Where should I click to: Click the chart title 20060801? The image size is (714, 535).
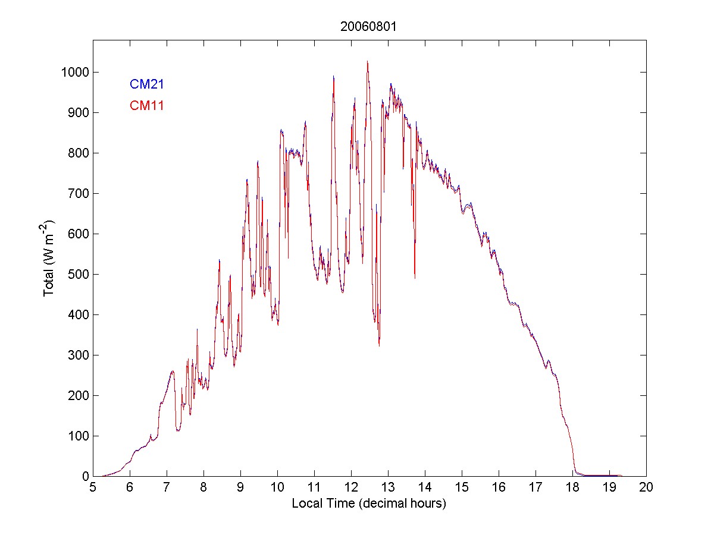[x=369, y=27]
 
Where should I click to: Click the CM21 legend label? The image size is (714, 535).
[x=147, y=84]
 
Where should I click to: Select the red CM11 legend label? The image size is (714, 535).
[x=147, y=106]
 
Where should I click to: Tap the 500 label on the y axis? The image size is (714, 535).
[x=79, y=275]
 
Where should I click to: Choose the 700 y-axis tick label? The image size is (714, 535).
[x=79, y=194]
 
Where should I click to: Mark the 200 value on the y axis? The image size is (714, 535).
[x=79, y=396]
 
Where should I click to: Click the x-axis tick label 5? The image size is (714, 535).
[x=93, y=487]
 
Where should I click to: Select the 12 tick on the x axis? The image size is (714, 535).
[x=351, y=487]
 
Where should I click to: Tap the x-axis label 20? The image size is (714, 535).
[x=646, y=487]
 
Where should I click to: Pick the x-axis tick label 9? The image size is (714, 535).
[x=240, y=487]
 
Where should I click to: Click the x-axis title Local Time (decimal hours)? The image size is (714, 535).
[x=369, y=504]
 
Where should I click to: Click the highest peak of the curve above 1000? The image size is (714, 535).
[x=367, y=61]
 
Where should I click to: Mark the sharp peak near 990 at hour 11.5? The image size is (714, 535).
[x=333, y=76]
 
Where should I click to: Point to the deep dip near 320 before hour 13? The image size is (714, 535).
[x=379, y=345]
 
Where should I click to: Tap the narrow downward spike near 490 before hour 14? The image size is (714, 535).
[x=415, y=278]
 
